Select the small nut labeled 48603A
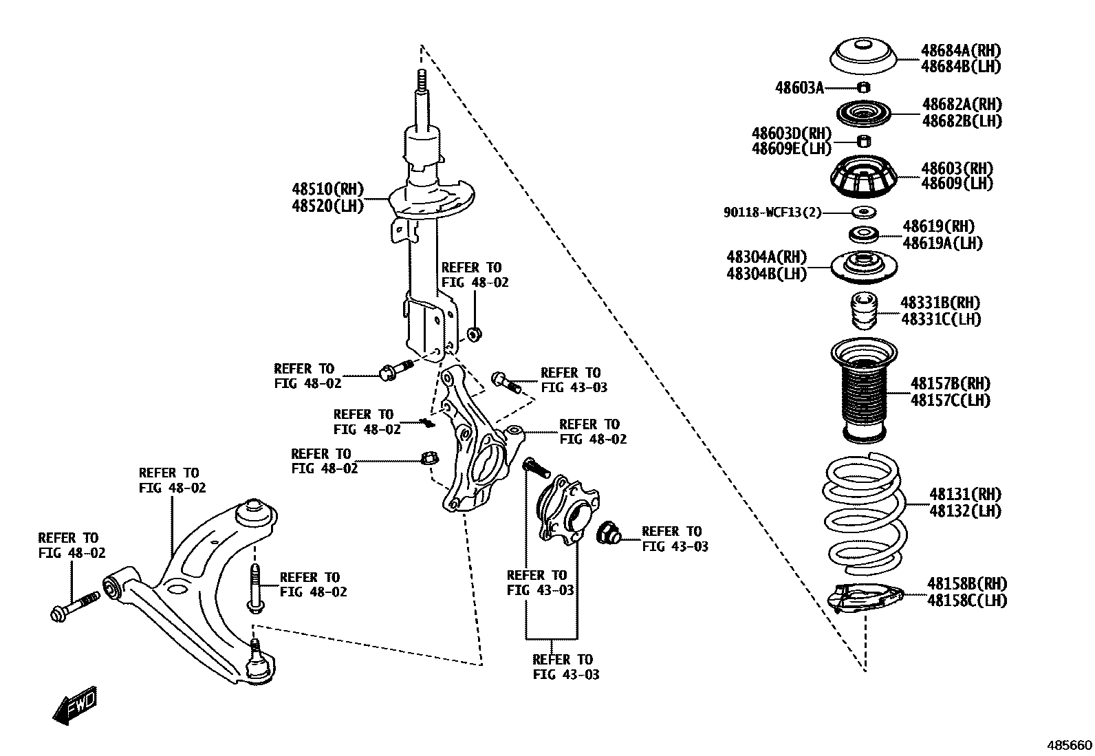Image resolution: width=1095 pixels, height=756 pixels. (865, 87)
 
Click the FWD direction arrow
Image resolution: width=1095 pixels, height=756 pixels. (75, 706)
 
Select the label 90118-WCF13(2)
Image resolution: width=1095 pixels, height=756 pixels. (772, 213)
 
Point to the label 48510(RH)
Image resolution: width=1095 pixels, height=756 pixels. (327, 189)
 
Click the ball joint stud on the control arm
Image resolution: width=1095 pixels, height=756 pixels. (256, 649)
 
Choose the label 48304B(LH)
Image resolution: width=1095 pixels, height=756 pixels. (766, 273)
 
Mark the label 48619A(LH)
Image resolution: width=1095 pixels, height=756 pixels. (942, 243)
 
